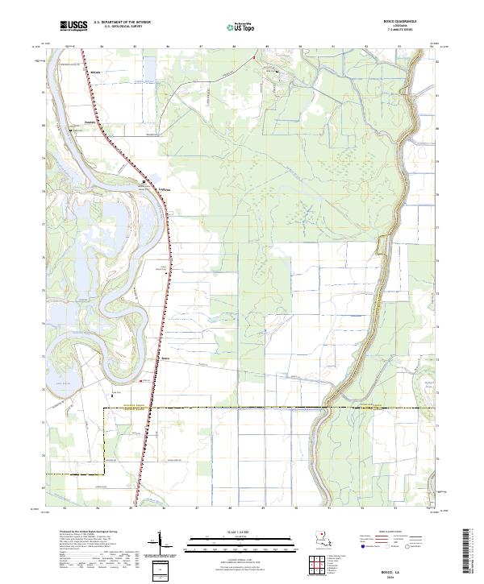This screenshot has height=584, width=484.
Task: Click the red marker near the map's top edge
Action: (x=253, y=57)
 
